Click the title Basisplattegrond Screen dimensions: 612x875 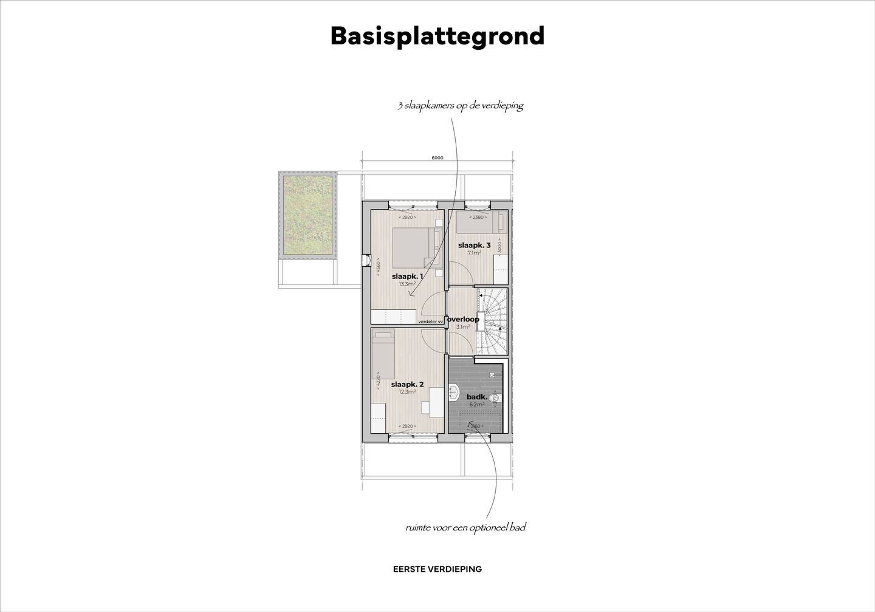point(437,36)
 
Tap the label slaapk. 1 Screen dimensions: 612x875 point(407,276)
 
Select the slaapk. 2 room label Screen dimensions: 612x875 point(407,384)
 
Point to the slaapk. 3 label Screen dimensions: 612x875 point(474,246)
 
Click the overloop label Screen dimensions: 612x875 point(464,319)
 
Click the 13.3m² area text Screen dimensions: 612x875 point(407,284)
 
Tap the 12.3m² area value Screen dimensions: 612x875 point(407,392)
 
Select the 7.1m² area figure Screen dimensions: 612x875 point(474,253)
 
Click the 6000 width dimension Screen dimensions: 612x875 point(437,158)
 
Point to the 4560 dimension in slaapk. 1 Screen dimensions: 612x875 point(377,267)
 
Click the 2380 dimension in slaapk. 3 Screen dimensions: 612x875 point(477,217)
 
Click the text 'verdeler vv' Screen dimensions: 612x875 point(431,321)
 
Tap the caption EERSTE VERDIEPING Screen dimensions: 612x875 point(437,569)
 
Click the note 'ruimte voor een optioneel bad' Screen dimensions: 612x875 point(465,528)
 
